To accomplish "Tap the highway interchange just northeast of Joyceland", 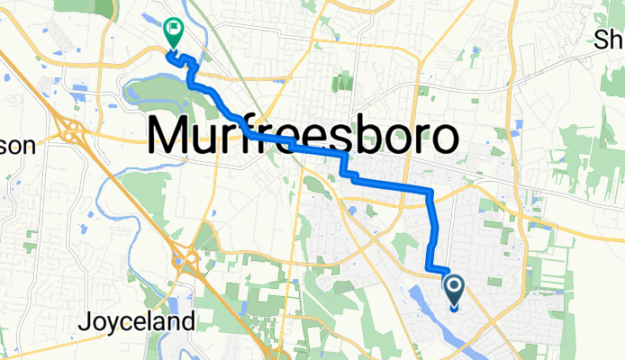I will pos(186,261).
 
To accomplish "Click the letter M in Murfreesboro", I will pos(171,138).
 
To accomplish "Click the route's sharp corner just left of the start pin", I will pos(429,266).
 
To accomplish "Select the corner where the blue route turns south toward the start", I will pos(430,191).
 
